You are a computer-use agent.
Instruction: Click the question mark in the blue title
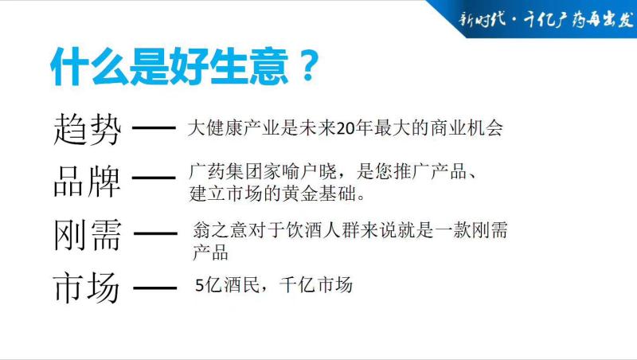pyautogui.click(x=308, y=65)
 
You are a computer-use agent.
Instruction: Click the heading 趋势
pyautogui.click(x=88, y=129)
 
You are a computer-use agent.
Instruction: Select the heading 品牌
pyautogui.click(x=88, y=181)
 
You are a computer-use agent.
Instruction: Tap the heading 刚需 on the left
pyautogui.click(x=88, y=235)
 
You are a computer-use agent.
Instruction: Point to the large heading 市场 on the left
pyautogui.click(x=87, y=288)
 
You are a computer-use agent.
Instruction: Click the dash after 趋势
pyautogui.click(x=154, y=128)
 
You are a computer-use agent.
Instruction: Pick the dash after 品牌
pyautogui.click(x=154, y=178)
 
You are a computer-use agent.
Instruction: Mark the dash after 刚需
pyautogui.click(x=155, y=233)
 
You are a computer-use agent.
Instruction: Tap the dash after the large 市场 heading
pyautogui.click(x=154, y=288)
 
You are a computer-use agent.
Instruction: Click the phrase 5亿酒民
pyautogui.click(x=228, y=285)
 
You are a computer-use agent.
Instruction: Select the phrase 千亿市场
pyautogui.click(x=315, y=285)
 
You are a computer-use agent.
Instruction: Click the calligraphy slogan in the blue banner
pyautogui.click(x=546, y=19)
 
